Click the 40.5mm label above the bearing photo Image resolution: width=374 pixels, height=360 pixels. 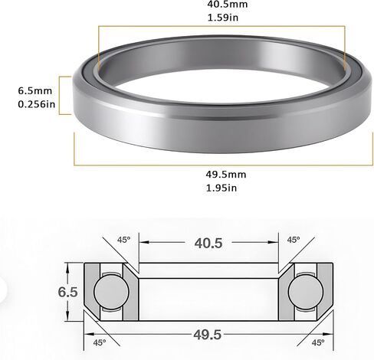(x=227, y=4)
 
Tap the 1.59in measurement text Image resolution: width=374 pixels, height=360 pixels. (x=223, y=18)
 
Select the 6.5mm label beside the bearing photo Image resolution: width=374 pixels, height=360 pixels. (x=35, y=90)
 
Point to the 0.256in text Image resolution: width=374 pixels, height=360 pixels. (x=37, y=104)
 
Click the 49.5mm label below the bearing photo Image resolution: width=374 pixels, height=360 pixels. (x=226, y=175)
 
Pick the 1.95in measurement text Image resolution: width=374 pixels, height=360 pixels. (x=221, y=188)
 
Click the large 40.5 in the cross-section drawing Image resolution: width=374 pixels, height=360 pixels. (x=208, y=243)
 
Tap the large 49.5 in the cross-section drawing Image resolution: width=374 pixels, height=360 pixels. (x=207, y=335)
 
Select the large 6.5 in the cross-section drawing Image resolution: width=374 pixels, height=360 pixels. (x=67, y=292)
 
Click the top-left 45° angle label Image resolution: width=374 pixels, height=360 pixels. (x=123, y=240)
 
